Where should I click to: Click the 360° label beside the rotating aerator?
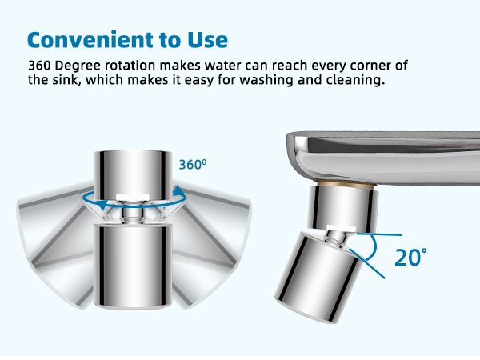click(x=192, y=165)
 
